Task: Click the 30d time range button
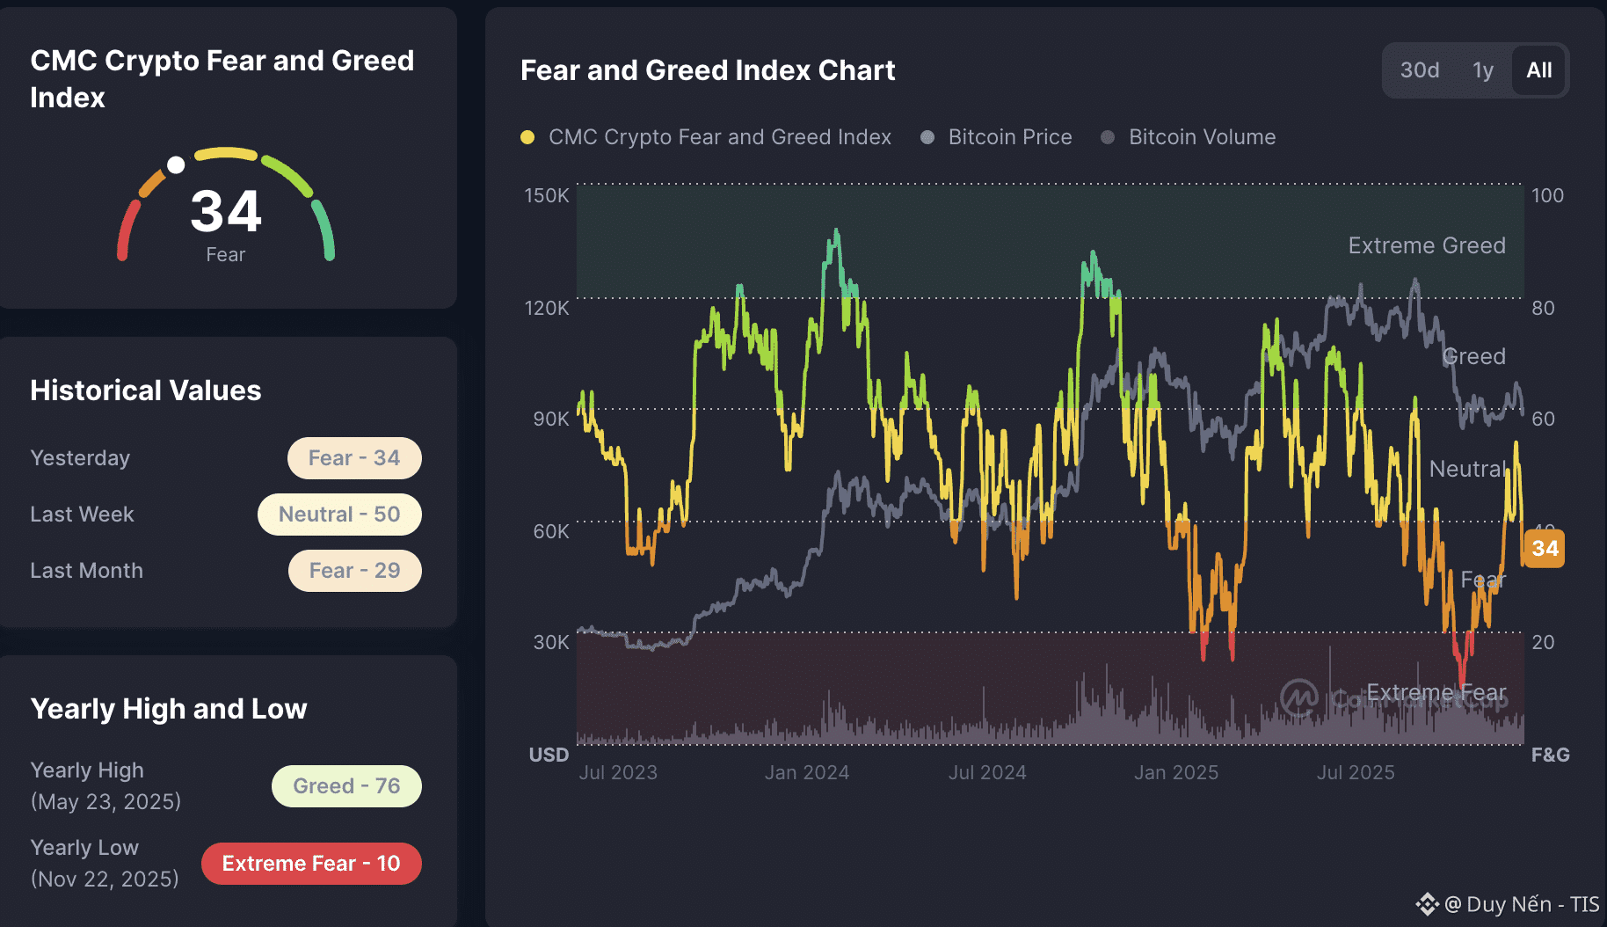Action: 1419,70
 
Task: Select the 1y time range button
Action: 1483,70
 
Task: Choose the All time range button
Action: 1538,70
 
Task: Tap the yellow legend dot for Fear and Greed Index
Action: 527,137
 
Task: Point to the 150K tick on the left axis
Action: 547,195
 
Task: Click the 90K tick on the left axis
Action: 550,419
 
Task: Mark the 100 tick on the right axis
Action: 1547,195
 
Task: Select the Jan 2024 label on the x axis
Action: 806,772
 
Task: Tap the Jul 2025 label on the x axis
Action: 1355,772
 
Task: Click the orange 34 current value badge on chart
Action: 1544,549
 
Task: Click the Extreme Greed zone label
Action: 1426,245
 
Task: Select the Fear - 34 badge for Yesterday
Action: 354,458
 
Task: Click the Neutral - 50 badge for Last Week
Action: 339,515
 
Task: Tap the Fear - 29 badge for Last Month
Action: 354,571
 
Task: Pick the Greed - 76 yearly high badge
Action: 346,786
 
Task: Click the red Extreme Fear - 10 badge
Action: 311,864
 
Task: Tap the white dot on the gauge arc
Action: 176,164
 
